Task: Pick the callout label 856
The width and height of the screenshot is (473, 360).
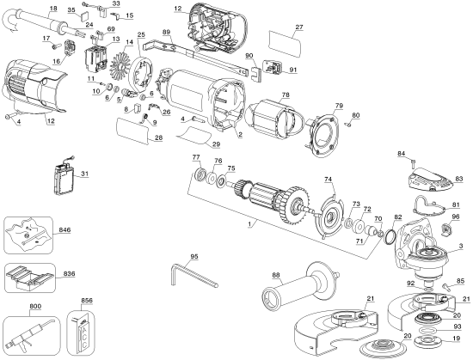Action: [x=86, y=302]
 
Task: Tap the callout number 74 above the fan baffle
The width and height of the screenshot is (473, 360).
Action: [x=328, y=180]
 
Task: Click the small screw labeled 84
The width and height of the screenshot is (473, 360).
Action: [x=414, y=162]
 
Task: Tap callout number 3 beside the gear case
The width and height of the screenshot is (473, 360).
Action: [x=461, y=247]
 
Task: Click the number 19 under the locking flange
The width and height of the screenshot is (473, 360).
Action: [x=457, y=340]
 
